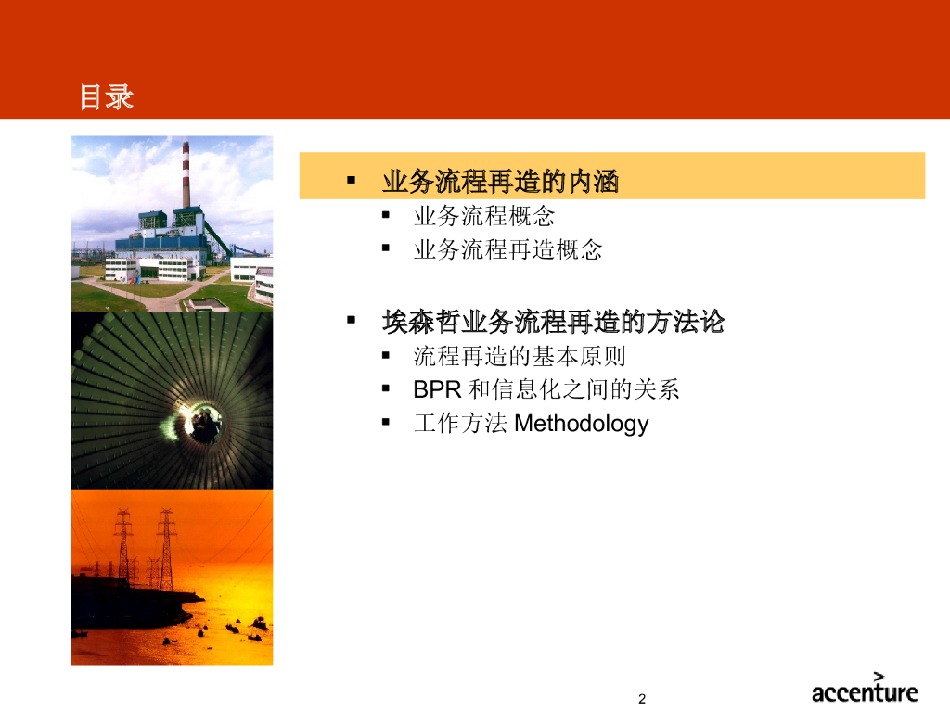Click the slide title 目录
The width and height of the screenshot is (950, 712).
pos(107,96)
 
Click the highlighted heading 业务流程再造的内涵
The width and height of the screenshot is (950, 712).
pos(500,181)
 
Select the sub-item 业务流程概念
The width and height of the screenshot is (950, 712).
pos(484,215)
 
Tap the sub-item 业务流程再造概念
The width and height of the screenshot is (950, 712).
pos(507,248)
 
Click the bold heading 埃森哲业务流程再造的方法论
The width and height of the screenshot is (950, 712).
pos(553,321)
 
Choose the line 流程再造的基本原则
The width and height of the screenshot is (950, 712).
pos(520,356)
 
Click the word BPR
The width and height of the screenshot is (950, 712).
pos(438,389)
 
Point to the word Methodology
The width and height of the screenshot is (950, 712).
pos(581,423)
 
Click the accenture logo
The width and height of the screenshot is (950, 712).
pos(865,689)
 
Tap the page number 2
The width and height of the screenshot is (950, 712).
pos(642,699)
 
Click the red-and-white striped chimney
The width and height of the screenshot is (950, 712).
pos(186,174)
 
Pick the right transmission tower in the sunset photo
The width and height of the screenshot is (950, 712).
pos(166,549)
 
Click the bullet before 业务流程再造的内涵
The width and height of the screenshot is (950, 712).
pos(351,180)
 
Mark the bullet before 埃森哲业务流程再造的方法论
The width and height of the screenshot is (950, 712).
pos(351,320)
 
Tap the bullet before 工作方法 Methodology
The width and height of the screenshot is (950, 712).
pos(385,422)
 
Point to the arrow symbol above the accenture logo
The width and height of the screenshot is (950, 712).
pos(879,677)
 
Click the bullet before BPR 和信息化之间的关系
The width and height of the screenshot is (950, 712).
pos(385,388)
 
